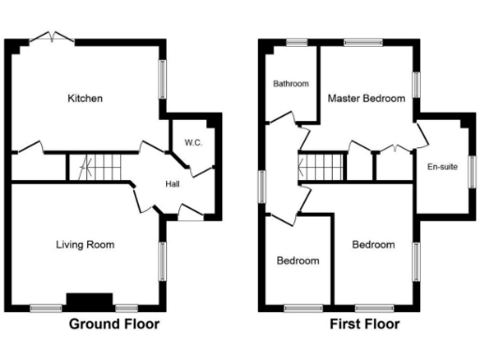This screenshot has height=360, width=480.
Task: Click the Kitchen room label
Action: (x=84, y=98)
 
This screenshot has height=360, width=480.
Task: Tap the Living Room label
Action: (x=84, y=245)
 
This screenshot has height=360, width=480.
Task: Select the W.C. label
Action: (x=193, y=142)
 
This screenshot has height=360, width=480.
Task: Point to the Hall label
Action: (x=173, y=184)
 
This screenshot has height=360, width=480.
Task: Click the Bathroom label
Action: (x=291, y=83)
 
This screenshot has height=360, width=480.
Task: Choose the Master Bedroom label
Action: (x=367, y=98)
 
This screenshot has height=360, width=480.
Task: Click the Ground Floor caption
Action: (x=113, y=324)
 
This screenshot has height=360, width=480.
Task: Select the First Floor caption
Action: (x=365, y=324)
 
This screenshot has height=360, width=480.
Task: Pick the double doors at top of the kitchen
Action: (x=52, y=37)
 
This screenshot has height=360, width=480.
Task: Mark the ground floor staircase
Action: (x=97, y=167)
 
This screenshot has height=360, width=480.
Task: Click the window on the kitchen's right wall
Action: (x=162, y=79)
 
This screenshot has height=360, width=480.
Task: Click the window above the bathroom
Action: (x=297, y=41)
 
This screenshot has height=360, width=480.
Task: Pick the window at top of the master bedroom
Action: (x=363, y=41)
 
